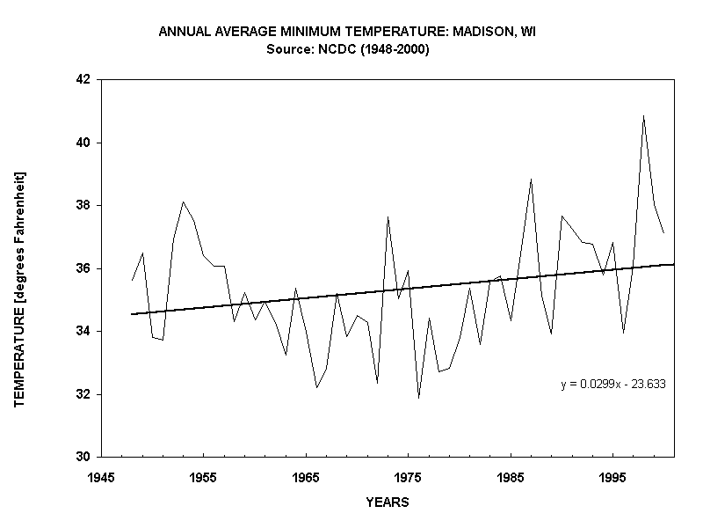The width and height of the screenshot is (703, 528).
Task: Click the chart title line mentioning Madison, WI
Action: (x=347, y=32)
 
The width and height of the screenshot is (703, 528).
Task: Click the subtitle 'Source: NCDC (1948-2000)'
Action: (x=347, y=49)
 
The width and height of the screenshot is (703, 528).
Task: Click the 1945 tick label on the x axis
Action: (x=101, y=475)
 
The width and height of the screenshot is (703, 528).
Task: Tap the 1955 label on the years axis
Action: (x=203, y=475)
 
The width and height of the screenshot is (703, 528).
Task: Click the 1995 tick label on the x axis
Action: (x=612, y=475)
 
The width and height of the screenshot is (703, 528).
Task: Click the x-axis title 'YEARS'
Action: (x=388, y=502)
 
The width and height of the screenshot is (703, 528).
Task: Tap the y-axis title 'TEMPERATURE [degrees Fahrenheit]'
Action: (x=19, y=289)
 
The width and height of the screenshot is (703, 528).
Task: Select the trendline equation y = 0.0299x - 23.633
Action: (x=612, y=384)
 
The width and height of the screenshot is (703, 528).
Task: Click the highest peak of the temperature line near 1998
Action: (x=643, y=115)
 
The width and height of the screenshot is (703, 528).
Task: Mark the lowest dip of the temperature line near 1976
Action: (x=418, y=398)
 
